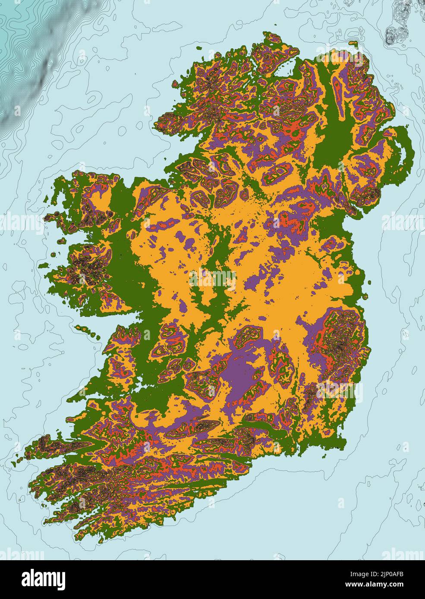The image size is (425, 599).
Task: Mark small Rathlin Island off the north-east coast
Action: tap(354, 43)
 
